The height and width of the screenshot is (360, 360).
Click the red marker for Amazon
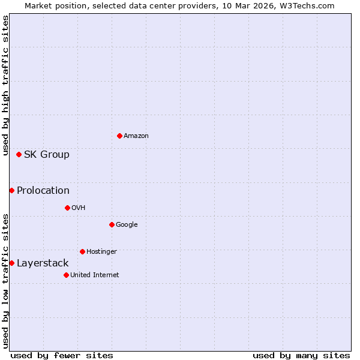click(x=119, y=136)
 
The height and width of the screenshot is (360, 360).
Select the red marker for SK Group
click(x=19, y=154)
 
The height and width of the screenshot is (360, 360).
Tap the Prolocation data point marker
click(x=11, y=190)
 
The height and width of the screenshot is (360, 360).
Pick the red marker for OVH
click(x=67, y=208)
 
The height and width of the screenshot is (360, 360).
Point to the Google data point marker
click(x=112, y=224)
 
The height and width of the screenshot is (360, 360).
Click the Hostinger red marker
click(x=82, y=251)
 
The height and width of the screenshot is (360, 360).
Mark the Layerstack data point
click(x=11, y=263)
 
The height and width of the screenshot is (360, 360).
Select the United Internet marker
click(x=66, y=275)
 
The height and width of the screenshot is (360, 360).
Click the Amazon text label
click(x=136, y=136)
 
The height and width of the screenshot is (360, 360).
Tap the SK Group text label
click(x=47, y=155)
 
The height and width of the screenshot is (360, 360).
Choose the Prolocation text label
click(x=43, y=191)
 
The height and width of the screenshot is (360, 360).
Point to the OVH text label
click(x=79, y=208)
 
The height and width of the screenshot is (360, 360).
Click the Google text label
click(x=127, y=225)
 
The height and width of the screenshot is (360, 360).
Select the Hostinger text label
click(x=101, y=252)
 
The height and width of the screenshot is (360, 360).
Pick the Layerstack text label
click(x=43, y=263)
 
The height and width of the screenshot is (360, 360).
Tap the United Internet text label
click(x=95, y=275)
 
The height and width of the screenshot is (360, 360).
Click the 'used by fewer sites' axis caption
click(x=62, y=355)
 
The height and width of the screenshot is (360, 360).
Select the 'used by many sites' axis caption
click(x=301, y=355)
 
